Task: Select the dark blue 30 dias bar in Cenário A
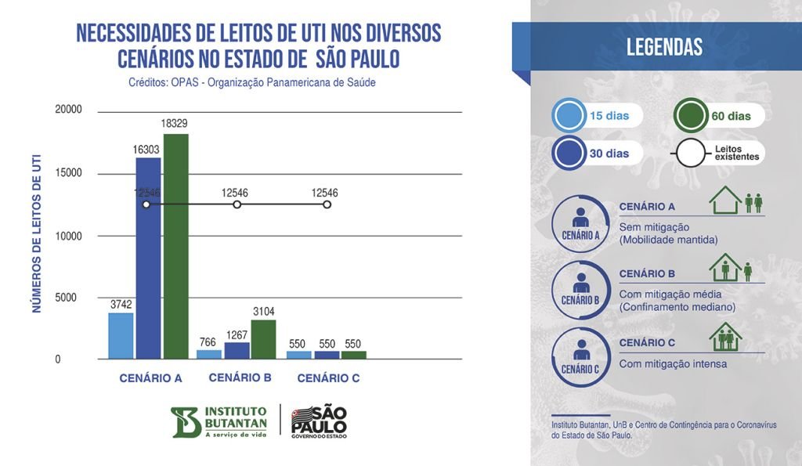click(149, 258)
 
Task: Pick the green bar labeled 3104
click(263, 339)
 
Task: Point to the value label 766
click(208, 341)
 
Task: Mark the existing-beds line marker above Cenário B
click(237, 204)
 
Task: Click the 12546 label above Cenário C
click(324, 192)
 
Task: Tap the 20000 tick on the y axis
click(68, 110)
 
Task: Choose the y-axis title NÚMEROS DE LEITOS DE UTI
click(37, 236)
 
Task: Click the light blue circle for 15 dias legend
click(568, 116)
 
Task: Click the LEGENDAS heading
click(664, 47)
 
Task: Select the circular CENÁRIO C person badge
click(580, 356)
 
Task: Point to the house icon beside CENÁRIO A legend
click(724, 200)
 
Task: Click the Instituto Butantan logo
click(219, 422)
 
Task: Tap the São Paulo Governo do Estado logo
click(318, 422)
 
